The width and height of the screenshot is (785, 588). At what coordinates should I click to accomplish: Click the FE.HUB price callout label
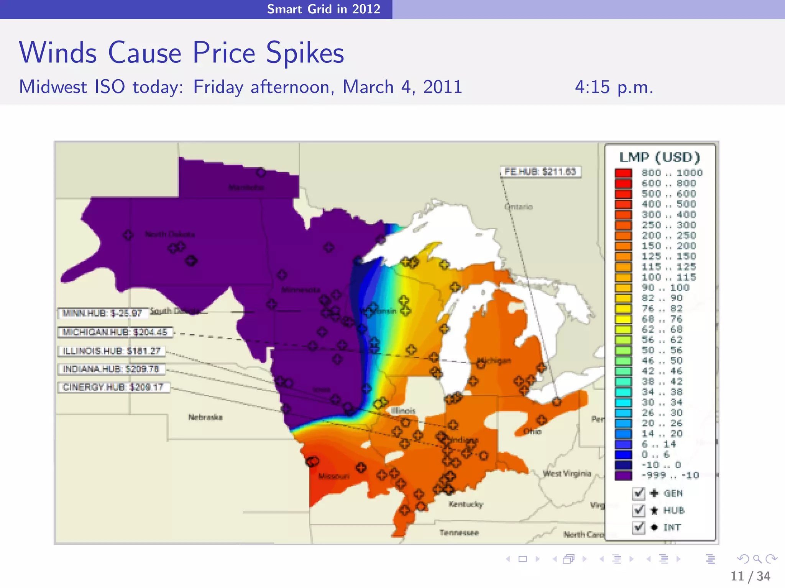point(540,171)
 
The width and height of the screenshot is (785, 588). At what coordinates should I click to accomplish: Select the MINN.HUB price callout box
point(102,313)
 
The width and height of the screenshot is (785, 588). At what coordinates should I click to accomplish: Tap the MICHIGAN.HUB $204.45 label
point(115,332)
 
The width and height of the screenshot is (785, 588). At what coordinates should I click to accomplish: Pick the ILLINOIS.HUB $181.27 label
point(112,351)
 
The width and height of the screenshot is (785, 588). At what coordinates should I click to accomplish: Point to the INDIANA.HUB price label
point(111,369)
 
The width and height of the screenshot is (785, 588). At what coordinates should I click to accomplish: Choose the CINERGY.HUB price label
point(113,387)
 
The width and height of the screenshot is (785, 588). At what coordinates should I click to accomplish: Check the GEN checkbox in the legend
point(638,493)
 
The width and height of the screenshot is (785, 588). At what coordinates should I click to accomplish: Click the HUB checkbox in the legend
point(638,510)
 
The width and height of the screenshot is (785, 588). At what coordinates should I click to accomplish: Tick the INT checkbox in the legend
point(638,528)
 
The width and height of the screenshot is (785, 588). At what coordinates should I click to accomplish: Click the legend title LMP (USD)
point(660,157)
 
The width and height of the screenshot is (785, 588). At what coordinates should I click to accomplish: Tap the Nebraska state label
point(205,417)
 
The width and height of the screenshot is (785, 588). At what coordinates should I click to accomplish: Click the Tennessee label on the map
point(459,532)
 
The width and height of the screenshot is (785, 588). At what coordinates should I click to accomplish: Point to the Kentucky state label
point(466,504)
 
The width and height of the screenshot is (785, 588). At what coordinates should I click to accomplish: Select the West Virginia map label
point(567,474)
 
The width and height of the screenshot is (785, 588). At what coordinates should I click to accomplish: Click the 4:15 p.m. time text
point(614,87)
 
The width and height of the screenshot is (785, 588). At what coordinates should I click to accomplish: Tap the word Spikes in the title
point(305,53)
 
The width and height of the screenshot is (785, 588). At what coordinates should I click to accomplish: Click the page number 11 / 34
point(750,576)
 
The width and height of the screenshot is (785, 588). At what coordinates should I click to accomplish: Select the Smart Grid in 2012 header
point(324,9)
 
